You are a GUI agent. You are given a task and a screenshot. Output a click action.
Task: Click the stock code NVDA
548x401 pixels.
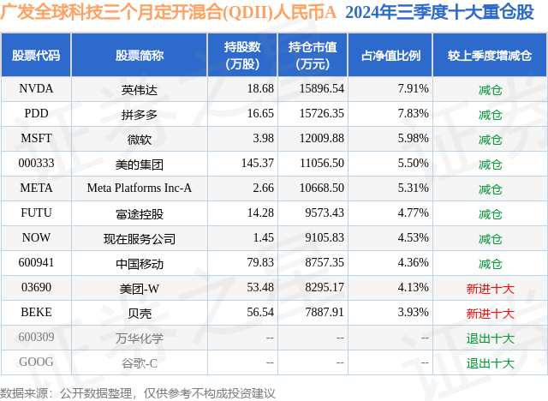click(x=36, y=88)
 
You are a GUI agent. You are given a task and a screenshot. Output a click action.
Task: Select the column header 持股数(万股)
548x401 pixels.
click(x=242, y=55)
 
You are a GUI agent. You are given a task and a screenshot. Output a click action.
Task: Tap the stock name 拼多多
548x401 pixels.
click(x=140, y=113)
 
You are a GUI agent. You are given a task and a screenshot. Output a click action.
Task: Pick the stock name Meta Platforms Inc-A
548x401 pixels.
click(x=140, y=189)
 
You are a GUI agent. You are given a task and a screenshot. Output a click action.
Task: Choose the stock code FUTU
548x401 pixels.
click(x=36, y=213)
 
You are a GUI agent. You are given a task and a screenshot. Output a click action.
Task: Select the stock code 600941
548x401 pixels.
click(x=36, y=263)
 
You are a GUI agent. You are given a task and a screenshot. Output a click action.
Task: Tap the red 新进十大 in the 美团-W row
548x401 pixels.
click(x=490, y=289)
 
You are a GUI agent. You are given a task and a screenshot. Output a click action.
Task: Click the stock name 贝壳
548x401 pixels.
click(x=140, y=314)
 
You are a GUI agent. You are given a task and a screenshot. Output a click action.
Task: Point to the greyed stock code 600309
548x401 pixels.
click(x=36, y=338)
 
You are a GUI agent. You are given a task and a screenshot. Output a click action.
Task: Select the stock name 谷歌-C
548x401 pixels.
click(x=140, y=363)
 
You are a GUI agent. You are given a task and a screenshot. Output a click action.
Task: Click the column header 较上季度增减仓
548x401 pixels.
click(x=490, y=55)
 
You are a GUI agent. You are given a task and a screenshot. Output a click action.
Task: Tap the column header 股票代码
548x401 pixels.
click(x=36, y=55)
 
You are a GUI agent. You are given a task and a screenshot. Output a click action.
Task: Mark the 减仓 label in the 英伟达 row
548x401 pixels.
click(x=490, y=88)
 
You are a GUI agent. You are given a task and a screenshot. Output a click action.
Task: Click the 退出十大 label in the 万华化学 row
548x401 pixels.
click(x=490, y=338)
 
